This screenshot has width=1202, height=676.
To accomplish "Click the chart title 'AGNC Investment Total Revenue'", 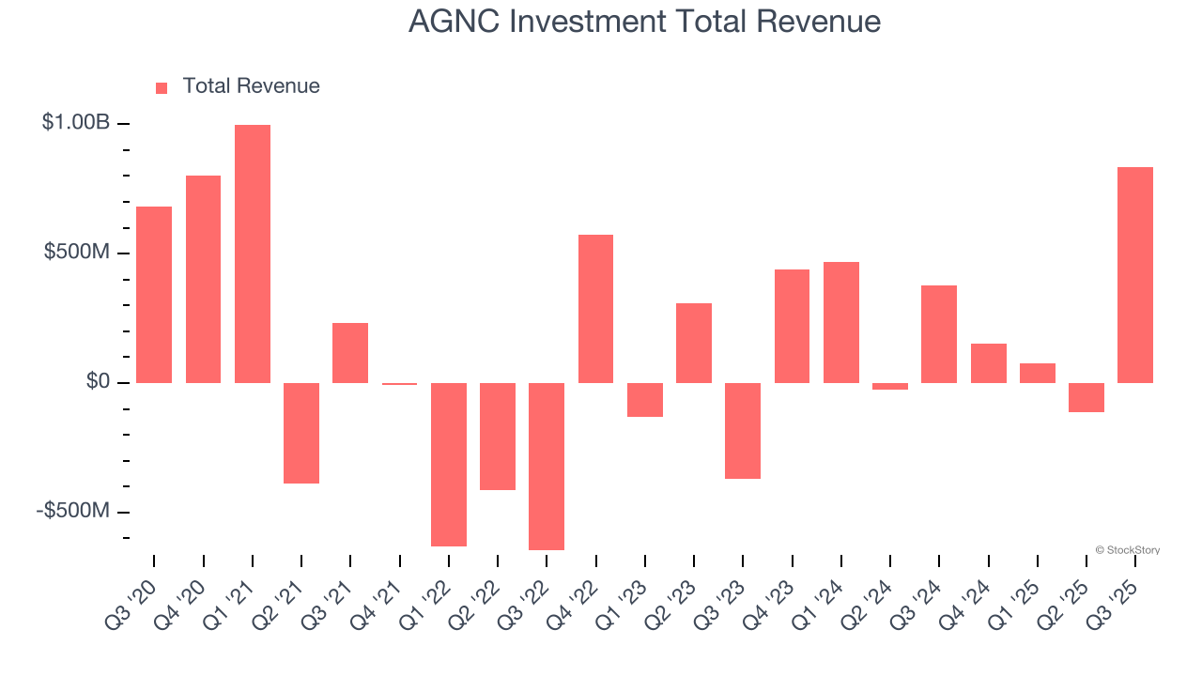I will tap(644, 21).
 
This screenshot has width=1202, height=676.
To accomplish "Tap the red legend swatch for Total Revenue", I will tap(162, 87).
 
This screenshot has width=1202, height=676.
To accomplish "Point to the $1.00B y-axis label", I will tap(76, 123).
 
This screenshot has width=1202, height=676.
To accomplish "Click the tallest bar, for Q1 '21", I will tap(253, 253).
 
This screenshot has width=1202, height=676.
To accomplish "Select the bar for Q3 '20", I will tap(154, 295).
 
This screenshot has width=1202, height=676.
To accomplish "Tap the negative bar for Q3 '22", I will tap(547, 466).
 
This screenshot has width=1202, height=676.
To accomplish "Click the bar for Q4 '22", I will tap(595, 309).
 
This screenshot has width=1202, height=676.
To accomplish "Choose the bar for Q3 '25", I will tap(1135, 275).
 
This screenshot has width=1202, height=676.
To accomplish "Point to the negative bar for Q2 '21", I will tap(301, 433).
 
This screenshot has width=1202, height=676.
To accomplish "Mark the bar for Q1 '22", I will tap(449, 464).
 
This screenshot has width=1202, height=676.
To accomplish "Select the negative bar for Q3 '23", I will tap(743, 430).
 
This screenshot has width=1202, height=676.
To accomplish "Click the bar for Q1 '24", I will tap(841, 322).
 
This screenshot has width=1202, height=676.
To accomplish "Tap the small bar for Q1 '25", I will tap(1038, 373).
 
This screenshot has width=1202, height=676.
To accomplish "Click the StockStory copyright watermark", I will tap(1128, 550).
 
